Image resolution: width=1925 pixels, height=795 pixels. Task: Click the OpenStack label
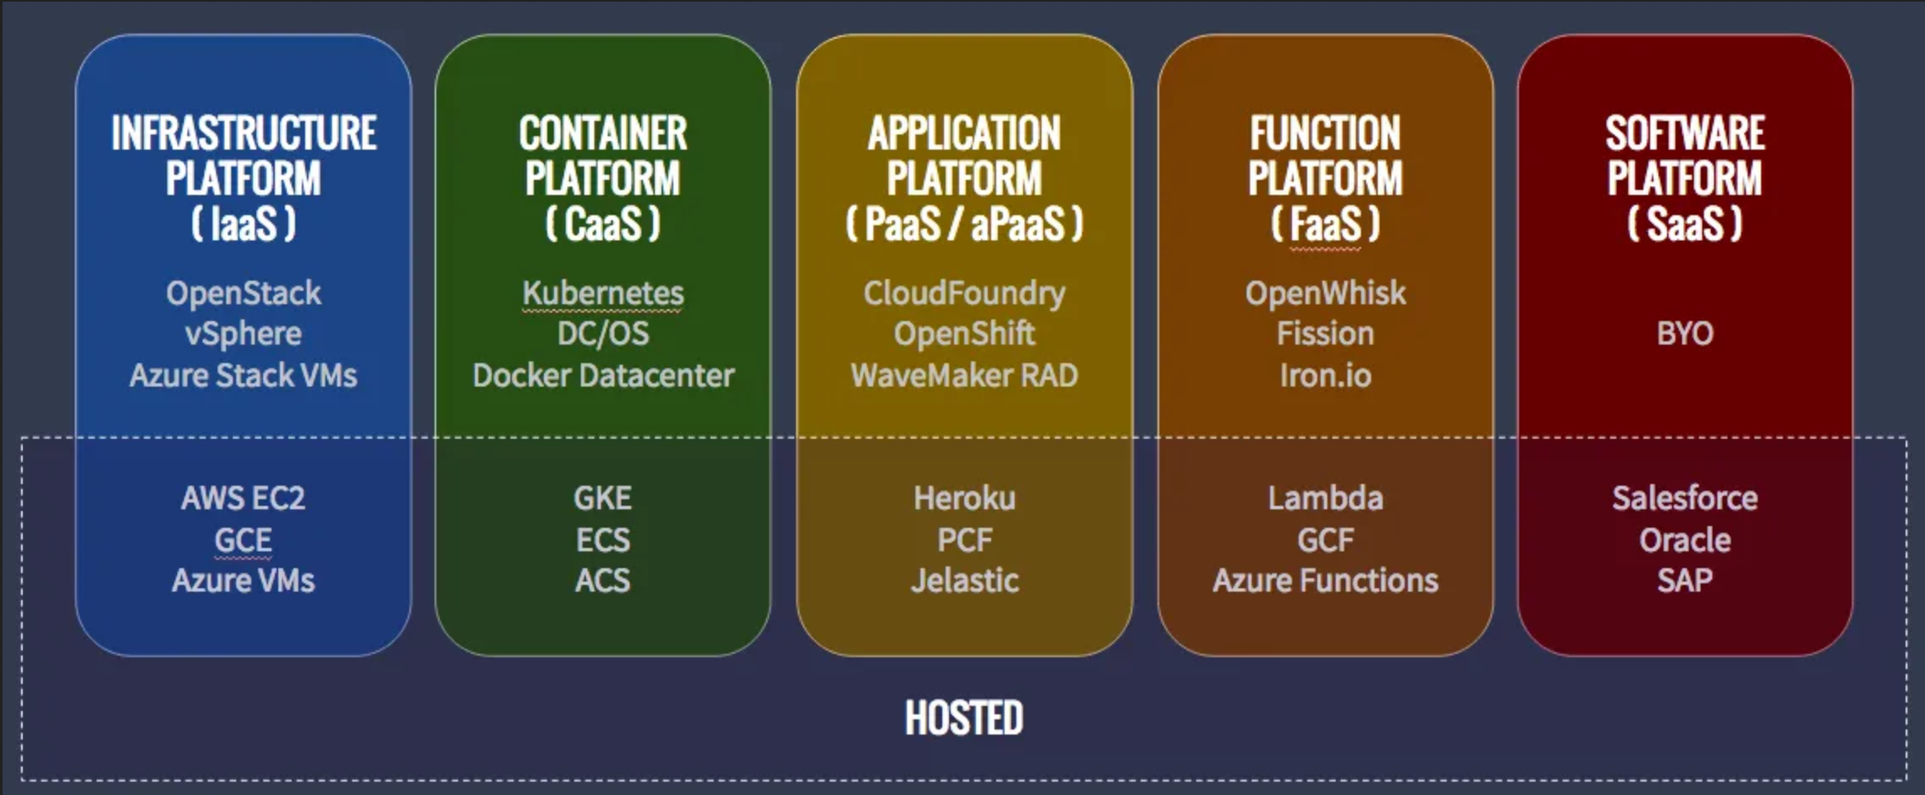point(243,293)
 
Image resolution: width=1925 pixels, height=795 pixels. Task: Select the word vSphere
point(243,334)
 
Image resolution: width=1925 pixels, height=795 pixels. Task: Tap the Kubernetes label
point(603,293)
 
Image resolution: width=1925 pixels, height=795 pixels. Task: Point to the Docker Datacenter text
point(603,375)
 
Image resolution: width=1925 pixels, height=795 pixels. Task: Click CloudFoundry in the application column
point(964,293)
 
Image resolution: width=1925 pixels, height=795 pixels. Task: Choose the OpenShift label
point(964,334)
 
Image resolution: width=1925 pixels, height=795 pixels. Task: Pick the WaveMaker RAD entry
point(964,375)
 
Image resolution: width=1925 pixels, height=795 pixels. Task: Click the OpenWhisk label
point(1325,293)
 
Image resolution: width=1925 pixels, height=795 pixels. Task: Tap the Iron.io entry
point(1325,375)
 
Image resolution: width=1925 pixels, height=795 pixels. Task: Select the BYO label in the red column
point(1685,334)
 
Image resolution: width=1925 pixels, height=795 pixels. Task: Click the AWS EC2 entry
point(243,498)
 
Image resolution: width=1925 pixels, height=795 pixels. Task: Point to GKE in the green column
point(603,498)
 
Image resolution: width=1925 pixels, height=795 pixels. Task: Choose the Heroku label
point(964,498)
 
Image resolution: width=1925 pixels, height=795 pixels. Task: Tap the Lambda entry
point(1325,498)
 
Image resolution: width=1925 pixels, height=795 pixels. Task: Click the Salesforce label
point(1685,498)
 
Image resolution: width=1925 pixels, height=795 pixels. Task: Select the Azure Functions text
point(1325,581)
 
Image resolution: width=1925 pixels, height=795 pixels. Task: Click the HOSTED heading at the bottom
point(963,719)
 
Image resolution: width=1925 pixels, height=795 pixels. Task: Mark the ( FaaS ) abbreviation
point(1325,224)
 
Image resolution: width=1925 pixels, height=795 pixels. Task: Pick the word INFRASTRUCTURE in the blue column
point(244,134)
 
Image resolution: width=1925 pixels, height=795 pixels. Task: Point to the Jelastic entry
point(964,581)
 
